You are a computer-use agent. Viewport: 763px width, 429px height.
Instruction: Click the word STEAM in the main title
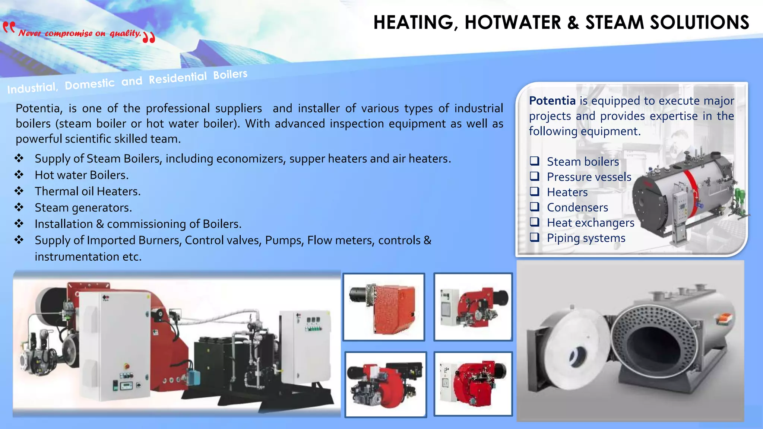[x=614, y=22]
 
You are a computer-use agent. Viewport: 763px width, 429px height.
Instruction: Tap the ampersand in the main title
[x=573, y=23]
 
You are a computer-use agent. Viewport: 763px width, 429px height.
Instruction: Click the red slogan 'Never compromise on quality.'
[x=80, y=33]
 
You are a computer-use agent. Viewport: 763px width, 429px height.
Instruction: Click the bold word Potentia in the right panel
[x=552, y=101]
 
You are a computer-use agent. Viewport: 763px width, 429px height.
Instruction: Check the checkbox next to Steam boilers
[x=535, y=161]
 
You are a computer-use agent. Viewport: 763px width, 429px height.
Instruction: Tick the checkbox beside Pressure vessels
[x=535, y=176]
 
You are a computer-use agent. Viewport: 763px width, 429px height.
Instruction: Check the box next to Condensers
[x=535, y=207]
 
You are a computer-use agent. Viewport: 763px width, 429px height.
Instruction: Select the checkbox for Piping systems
[x=535, y=237]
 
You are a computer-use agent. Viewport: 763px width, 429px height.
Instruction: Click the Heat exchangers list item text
[x=591, y=223]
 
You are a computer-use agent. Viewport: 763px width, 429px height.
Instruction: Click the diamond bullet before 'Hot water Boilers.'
[x=19, y=175]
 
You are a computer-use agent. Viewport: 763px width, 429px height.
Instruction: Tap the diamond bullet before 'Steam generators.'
[x=19, y=207]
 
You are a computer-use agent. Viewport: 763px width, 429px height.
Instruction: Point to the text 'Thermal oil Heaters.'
[x=88, y=191]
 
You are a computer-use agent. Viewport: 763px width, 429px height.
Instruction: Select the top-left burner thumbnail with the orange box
[x=384, y=307]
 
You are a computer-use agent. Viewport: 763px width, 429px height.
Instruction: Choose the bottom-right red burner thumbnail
[x=473, y=384]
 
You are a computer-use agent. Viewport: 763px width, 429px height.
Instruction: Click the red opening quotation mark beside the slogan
[x=9, y=28]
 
